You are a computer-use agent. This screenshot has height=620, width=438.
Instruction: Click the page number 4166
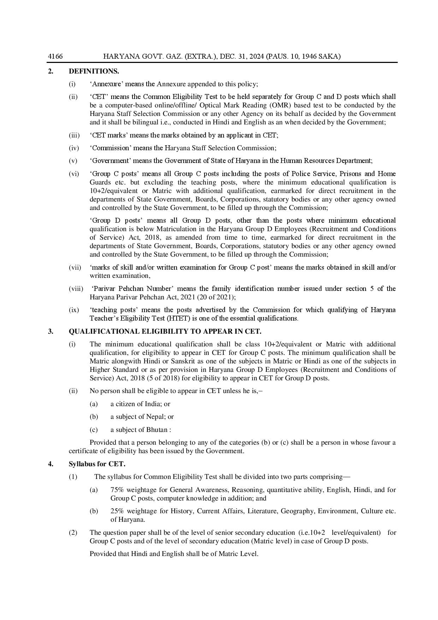click(55, 57)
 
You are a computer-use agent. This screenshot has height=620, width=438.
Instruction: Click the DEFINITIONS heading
click(94, 71)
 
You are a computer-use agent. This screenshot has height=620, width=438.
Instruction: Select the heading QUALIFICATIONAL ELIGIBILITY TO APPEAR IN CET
click(165, 332)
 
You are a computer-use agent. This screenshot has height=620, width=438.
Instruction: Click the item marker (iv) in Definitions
click(74, 148)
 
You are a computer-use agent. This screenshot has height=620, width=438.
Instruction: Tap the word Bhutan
click(156, 430)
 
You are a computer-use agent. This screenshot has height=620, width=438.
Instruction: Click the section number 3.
click(51, 332)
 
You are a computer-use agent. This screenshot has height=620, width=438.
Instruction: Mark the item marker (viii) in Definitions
click(76, 289)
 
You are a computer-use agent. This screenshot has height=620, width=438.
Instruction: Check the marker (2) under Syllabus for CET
click(73, 533)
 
